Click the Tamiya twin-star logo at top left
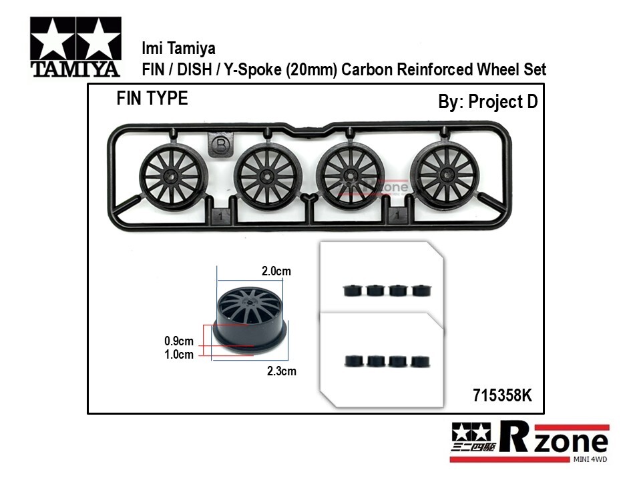coord(75,47)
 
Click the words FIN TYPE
coord(152,99)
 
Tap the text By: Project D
coord(487,101)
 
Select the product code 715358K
coord(502,395)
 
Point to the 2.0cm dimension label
coord(276,271)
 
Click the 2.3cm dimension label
coord(282,371)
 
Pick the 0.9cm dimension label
coord(179,341)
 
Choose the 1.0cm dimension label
coord(179,354)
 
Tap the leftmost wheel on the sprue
coord(173,177)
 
